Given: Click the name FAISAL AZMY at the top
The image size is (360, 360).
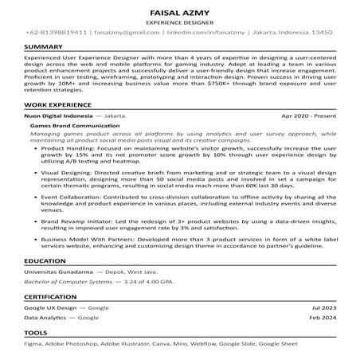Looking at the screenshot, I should (179, 14).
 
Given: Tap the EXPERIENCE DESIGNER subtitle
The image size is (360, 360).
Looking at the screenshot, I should (179, 24).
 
